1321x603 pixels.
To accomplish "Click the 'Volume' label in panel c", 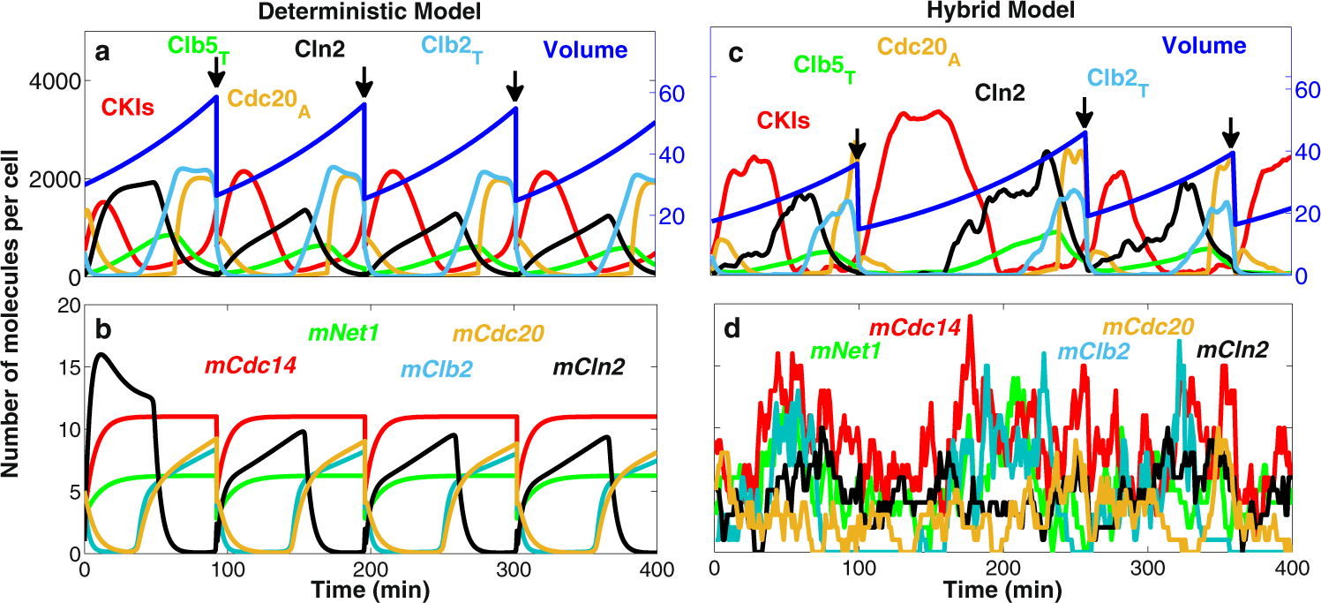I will tap(1204, 46).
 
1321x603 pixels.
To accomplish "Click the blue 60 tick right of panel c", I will tap(1304, 89).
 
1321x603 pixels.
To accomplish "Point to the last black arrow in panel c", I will tap(1232, 137).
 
